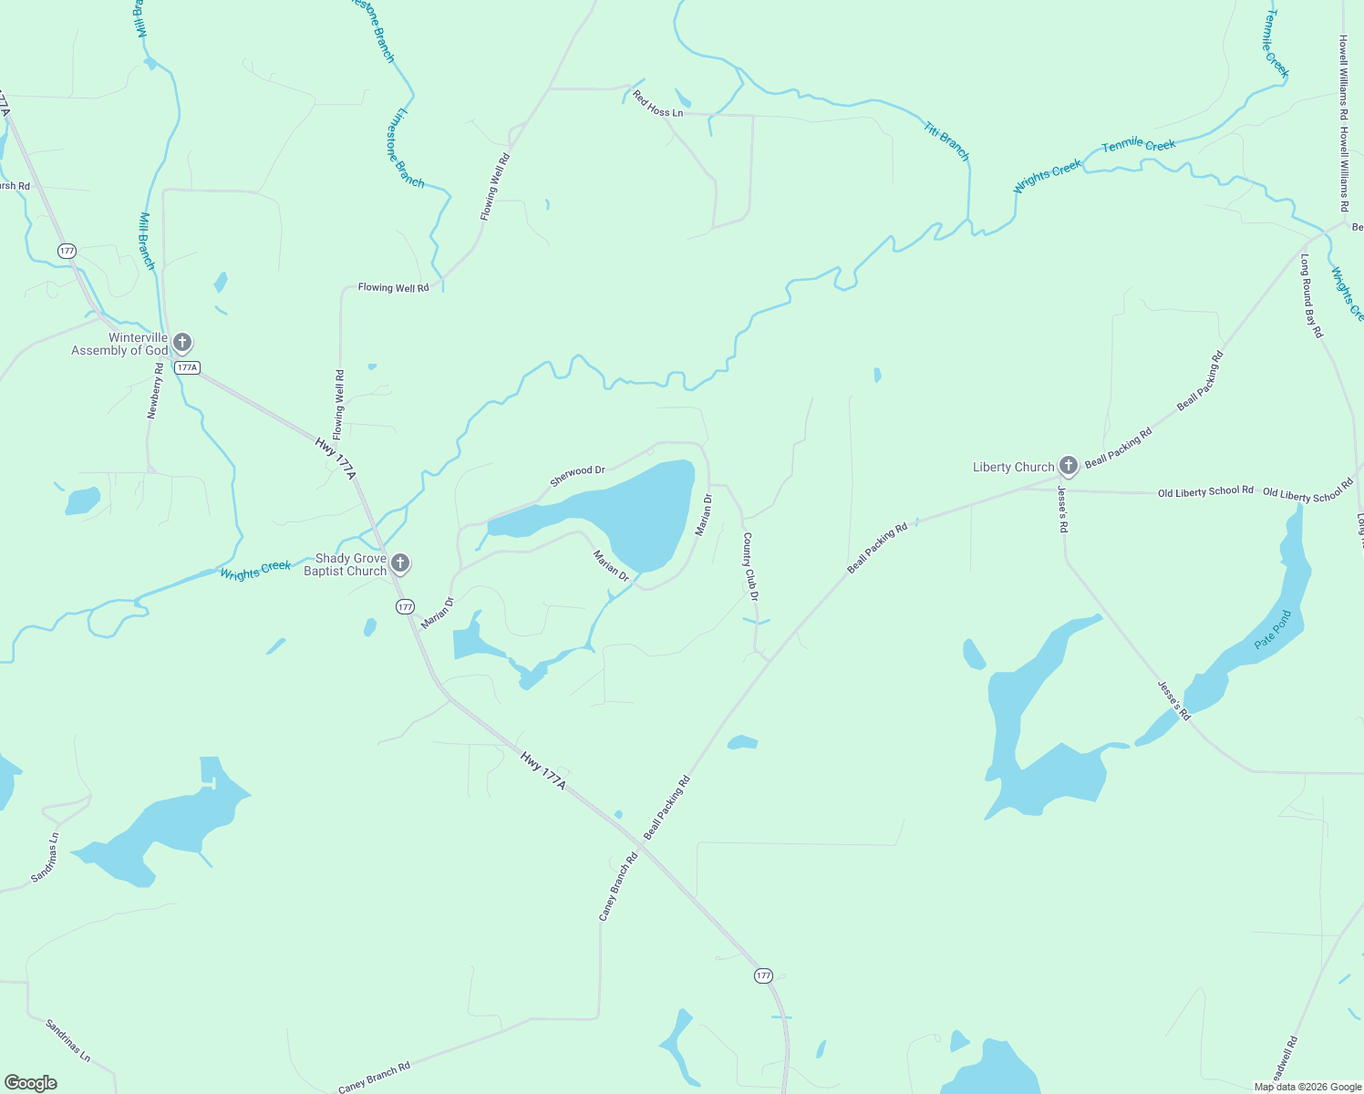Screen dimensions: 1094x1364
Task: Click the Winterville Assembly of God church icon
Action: (x=182, y=343)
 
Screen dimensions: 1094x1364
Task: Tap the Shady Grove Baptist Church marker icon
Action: (x=399, y=563)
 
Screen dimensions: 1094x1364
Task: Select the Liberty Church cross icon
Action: (x=1068, y=466)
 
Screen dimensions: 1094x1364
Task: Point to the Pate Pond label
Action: (x=1273, y=630)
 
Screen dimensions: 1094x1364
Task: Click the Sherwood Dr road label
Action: (x=577, y=476)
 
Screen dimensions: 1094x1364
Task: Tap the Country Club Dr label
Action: (x=750, y=567)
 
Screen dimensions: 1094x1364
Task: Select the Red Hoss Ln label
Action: (x=657, y=105)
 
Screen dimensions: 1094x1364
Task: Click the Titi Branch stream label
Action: (x=946, y=140)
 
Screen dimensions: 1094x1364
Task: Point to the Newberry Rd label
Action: (x=156, y=391)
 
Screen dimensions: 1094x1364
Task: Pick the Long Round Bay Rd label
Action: (x=1311, y=296)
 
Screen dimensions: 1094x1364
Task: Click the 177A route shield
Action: (x=187, y=367)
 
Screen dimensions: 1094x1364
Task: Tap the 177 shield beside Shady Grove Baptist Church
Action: (x=405, y=606)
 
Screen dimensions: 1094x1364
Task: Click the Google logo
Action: (x=31, y=1082)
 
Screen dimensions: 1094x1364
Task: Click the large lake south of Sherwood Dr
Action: (x=638, y=511)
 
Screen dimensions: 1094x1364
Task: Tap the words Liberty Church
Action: (x=1013, y=467)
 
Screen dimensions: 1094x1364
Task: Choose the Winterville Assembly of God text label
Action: (x=120, y=344)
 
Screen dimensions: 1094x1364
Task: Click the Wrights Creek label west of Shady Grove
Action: (x=255, y=570)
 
